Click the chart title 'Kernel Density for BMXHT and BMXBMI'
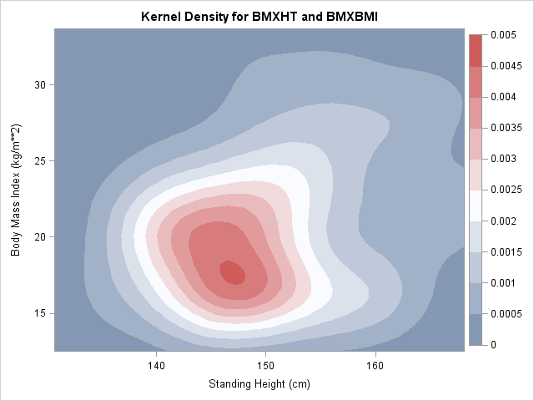click(x=266, y=17)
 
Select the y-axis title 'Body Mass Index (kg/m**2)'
click(x=16, y=190)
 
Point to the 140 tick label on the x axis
click(x=156, y=364)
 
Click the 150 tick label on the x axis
click(x=265, y=364)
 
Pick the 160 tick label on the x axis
click(x=375, y=364)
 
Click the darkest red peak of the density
click(x=232, y=272)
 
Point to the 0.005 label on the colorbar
click(x=502, y=35)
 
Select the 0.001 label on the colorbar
click(x=502, y=283)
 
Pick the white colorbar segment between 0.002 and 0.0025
click(x=476, y=206)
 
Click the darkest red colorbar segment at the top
click(x=476, y=50)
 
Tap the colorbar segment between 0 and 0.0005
click(x=476, y=329)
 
